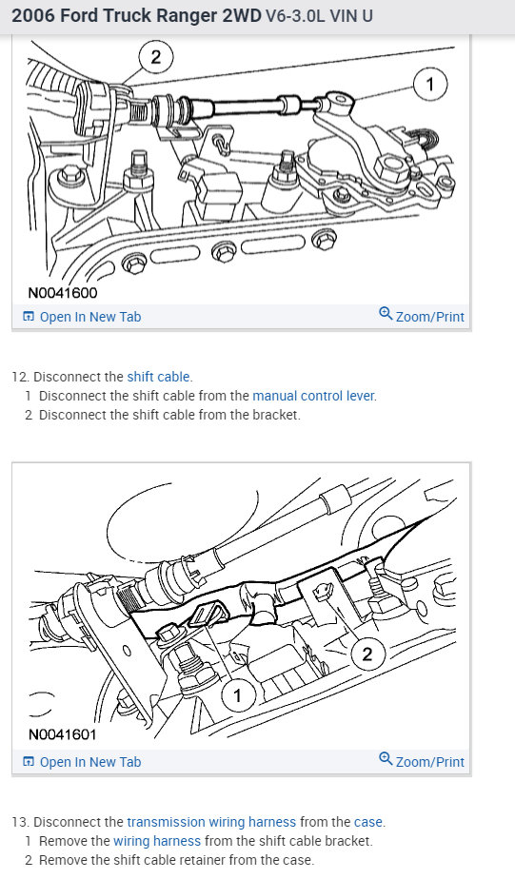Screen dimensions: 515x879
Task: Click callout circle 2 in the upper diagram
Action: (x=156, y=57)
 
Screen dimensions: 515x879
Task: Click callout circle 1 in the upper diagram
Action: (x=430, y=84)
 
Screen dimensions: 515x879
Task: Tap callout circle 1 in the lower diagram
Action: (x=237, y=695)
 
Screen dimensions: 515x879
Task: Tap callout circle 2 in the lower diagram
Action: (x=367, y=654)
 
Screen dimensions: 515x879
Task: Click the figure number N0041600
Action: (x=62, y=293)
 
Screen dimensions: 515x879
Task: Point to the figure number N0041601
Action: (x=62, y=734)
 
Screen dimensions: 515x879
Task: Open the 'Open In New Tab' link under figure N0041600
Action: (x=82, y=317)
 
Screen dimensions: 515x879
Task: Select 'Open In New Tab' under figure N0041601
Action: (x=82, y=762)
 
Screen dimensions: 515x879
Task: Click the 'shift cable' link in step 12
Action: (x=159, y=377)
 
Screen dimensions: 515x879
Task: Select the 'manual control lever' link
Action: (x=313, y=396)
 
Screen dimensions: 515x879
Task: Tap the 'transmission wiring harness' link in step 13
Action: (x=211, y=822)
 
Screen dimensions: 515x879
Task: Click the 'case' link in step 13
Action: (x=368, y=822)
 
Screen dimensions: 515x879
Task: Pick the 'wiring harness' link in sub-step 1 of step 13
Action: (x=157, y=841)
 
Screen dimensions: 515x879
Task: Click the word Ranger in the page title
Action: (x=189, y=15)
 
